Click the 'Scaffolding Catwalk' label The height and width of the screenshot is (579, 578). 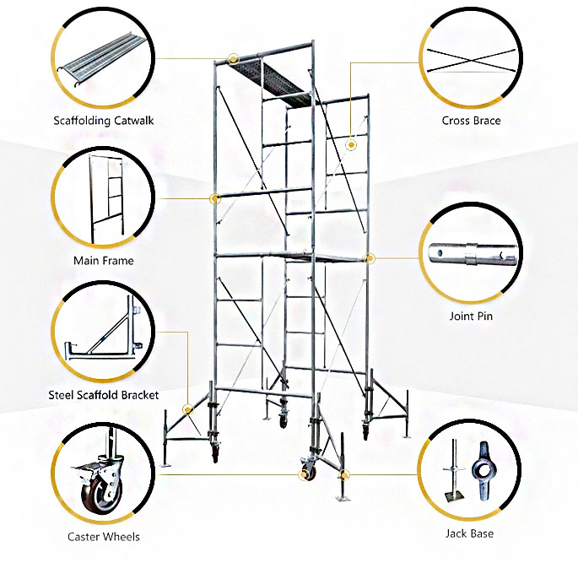(103, 121)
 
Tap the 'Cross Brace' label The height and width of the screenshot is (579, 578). (471, 121)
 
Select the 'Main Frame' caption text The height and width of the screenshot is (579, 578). (103, 261)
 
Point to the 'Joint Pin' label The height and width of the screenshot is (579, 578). (471, 317)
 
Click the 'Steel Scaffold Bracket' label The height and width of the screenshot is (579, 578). (103, 395)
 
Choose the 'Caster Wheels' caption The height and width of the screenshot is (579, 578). (103, 537)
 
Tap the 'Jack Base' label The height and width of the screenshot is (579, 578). (469, 533)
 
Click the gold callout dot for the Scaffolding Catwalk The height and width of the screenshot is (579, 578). (233, 58)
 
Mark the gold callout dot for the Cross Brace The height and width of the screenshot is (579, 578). (351, 145)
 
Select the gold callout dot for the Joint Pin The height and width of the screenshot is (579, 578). (369, 257)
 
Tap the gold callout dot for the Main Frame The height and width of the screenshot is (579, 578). (215, 199)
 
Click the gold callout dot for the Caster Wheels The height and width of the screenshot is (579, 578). (302, 476)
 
